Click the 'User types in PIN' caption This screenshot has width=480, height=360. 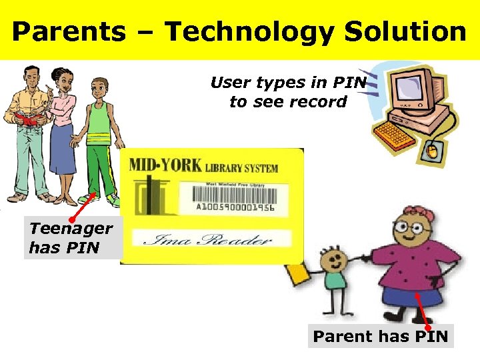click(288, 83)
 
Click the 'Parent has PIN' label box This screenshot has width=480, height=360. click(381, 337)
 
